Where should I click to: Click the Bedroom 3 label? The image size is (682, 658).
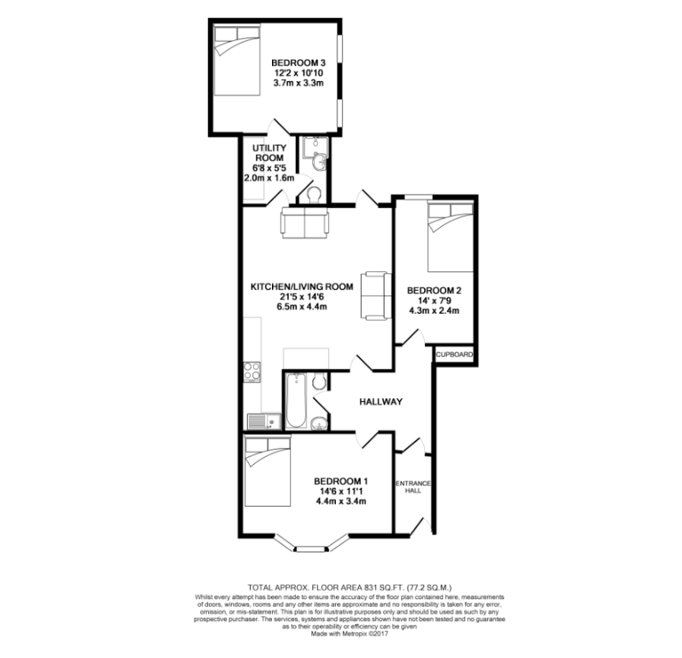click(298, 63)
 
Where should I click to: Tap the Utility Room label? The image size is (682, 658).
click(269, 153)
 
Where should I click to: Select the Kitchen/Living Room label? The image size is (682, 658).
click(302, 287)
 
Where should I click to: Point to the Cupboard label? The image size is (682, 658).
click(454, 355)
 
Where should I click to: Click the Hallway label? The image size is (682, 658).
click(381, 402)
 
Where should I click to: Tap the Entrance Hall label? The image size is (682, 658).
click(413, 487)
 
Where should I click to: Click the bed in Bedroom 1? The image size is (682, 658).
click(267, 472)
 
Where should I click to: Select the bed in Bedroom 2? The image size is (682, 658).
click(450, 238)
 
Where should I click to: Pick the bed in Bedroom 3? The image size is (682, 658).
click(237, 61)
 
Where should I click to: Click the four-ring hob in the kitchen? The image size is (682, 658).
click(252, 372)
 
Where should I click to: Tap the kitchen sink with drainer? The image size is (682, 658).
click(263, 422)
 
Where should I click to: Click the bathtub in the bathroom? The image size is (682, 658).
click(296, 400)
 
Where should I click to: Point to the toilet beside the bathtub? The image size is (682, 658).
click(319, 381)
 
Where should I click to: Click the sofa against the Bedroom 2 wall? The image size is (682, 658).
click(376, 296)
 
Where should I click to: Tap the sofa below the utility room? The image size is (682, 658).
click(305, 222)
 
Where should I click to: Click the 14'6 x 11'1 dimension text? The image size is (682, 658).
click(341, 492)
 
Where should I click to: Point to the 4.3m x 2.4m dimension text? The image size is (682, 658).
click(434, 310)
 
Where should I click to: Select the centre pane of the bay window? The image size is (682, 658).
click(311, 548)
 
